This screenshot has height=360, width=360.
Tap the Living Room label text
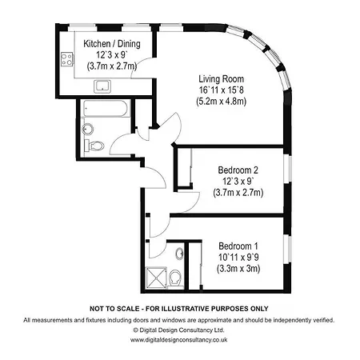point(222,79)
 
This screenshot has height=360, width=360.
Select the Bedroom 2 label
point(238,170)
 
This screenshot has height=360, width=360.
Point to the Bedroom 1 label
point(238,246)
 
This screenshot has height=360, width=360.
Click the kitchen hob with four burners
point(67,59)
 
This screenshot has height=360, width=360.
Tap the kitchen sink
point(102,86)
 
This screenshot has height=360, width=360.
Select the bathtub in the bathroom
point(106,109)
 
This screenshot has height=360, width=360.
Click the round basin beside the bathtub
point(88,129)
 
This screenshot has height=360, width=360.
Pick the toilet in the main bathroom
point(94,146)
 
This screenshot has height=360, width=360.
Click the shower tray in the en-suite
point(156,278)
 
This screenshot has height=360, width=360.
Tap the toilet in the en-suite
point(175,278)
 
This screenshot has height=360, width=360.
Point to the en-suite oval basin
point(180,253)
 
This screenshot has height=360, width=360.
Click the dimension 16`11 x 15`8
point(222,90)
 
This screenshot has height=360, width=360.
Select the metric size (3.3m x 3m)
point(238,268)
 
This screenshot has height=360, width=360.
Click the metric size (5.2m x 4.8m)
point(222,102)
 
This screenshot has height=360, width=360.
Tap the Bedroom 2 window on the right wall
point(287,169)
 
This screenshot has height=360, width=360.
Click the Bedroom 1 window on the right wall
point(287,249)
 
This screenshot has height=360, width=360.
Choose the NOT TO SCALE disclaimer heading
point(179,309)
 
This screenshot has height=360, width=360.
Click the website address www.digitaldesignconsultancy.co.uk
point(179,340)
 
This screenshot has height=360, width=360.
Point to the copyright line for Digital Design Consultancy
point(179,330)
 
